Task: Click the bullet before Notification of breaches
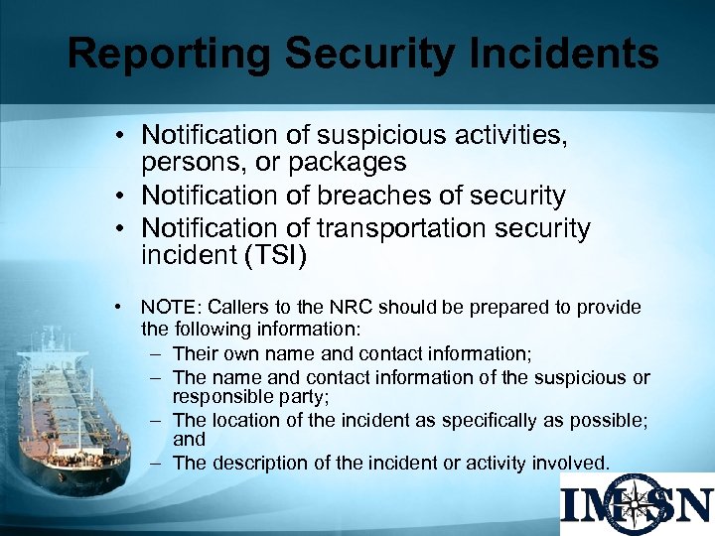point(117,197)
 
